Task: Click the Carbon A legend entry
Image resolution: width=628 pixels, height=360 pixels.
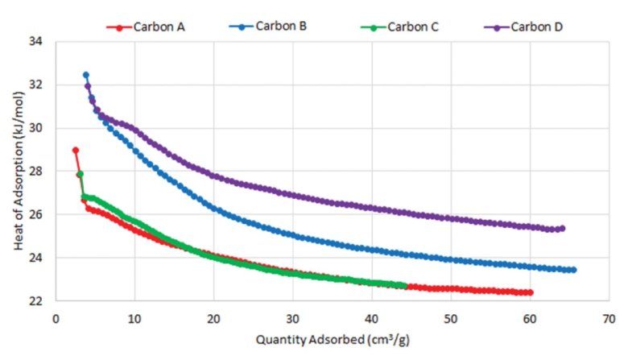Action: coord(147,27)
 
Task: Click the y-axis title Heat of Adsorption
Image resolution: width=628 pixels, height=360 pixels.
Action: coord(19,172)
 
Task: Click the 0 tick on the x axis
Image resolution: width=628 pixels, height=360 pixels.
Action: coord(55,317)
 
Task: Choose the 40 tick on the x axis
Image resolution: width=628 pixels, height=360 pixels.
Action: coord(372,317)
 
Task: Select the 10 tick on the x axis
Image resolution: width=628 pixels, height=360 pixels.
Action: coord(134,317)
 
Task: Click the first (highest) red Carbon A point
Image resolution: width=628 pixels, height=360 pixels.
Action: coord(75,150)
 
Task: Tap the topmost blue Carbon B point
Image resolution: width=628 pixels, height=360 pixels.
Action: coord(85,75)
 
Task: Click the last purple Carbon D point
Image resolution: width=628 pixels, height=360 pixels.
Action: coord(562,228)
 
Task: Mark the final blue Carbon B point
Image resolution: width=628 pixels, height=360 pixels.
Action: coord(573,270)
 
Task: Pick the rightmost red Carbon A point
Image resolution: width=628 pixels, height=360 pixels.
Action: coord(530,292)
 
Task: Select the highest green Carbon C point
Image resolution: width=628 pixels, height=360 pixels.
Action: coord(80,174)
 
